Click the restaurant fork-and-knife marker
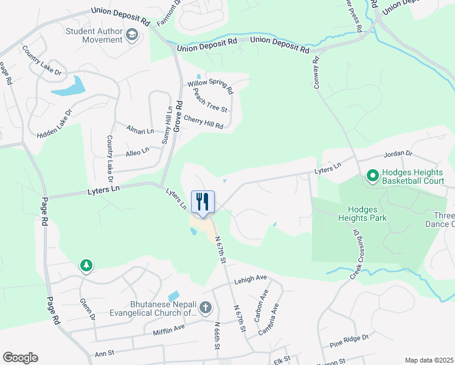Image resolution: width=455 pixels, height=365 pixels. click(203, 201)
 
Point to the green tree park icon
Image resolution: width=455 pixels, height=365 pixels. click(86, 265)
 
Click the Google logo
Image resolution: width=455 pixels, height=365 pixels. click(20, 358)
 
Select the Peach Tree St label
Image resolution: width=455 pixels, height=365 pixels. click(210, 100)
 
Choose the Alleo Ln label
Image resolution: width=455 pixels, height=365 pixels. click(137, 151)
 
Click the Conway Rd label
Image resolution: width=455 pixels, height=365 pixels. click(316, 72)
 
